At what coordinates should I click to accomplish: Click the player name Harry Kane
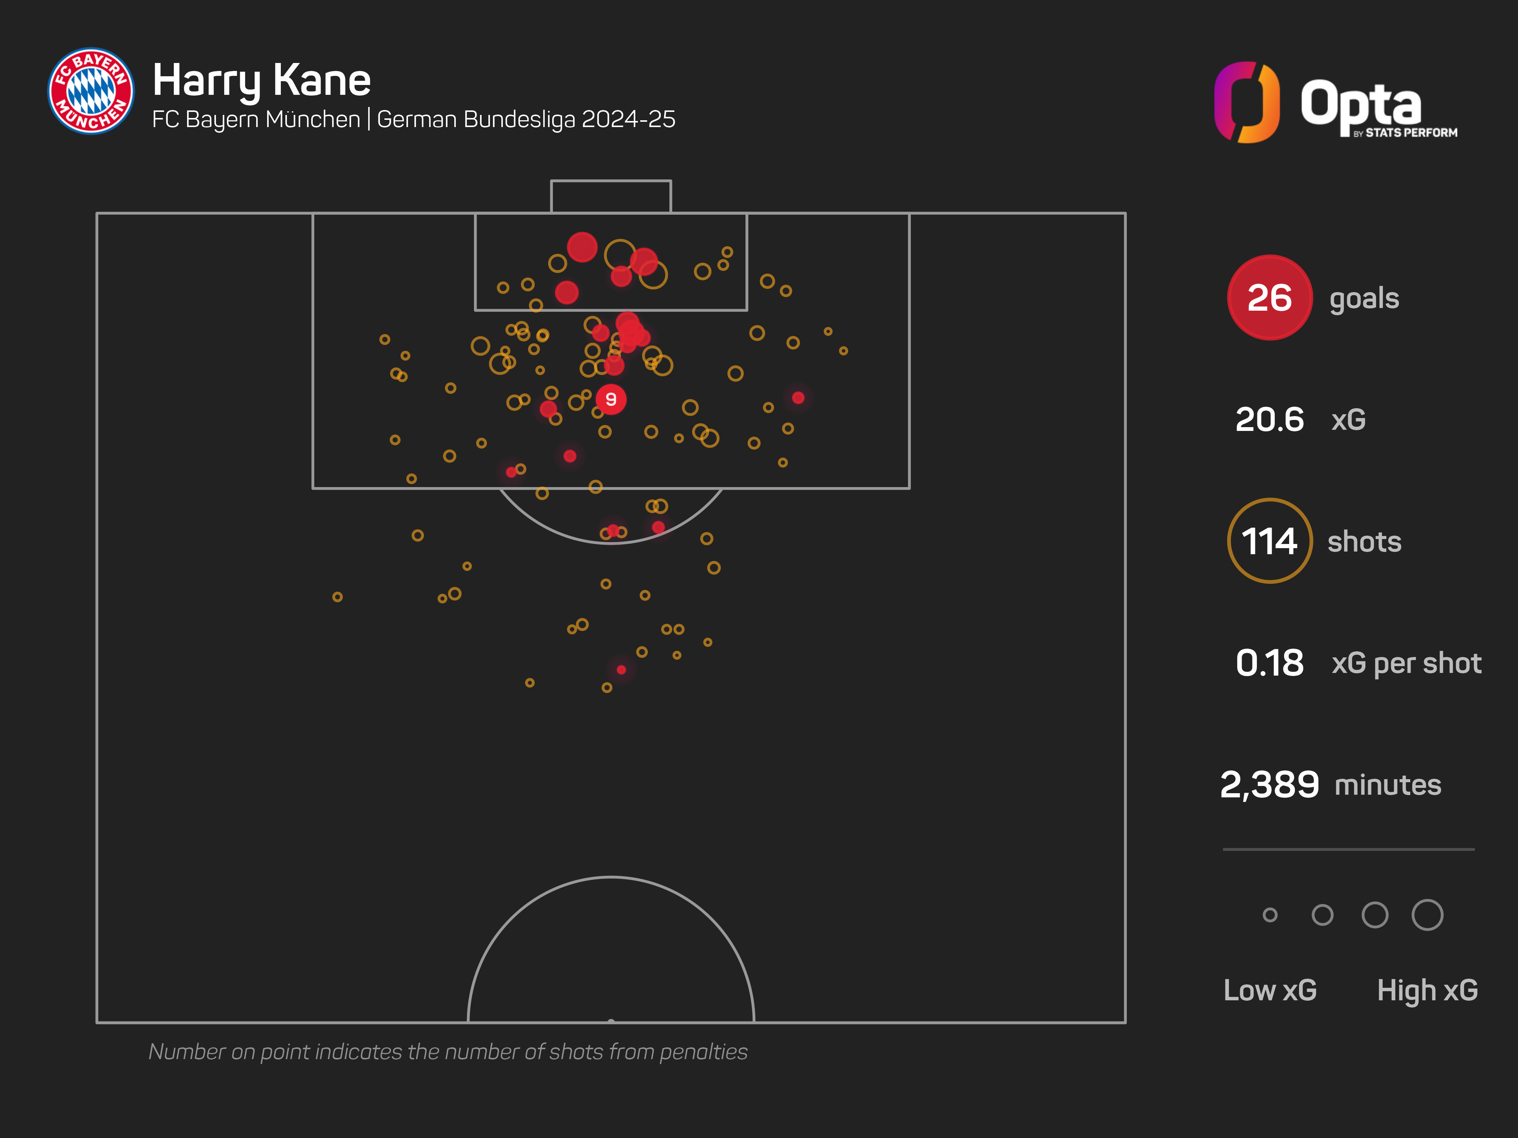[x=261, y=80]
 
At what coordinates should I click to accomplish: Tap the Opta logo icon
[x=1246, y=102]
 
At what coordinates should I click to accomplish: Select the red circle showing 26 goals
[x=1269, y=298]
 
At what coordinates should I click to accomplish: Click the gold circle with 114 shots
[x=1269, y=541]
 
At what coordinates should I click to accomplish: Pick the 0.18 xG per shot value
[x=1269, y=663]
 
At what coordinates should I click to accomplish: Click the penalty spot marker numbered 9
[x=611, y=399]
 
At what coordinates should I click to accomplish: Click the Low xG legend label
[x=1269, y=990]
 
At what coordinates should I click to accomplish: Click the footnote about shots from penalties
[x=447, y=1052]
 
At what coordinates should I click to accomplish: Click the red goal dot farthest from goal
[x=621, y=670]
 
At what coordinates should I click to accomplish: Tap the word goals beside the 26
[x=1364, y=299]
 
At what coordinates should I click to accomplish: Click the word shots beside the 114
[x=1364, y=542]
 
